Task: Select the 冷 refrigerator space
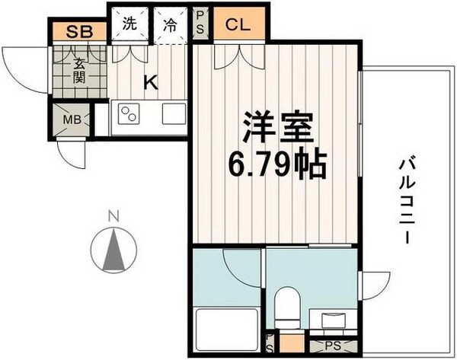point(171,24)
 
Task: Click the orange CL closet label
point(238,24)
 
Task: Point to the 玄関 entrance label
point(78,72)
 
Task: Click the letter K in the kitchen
point(152,82)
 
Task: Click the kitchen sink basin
point(174,116)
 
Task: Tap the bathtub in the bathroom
point(224,328)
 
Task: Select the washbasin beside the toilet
point(333,320)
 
